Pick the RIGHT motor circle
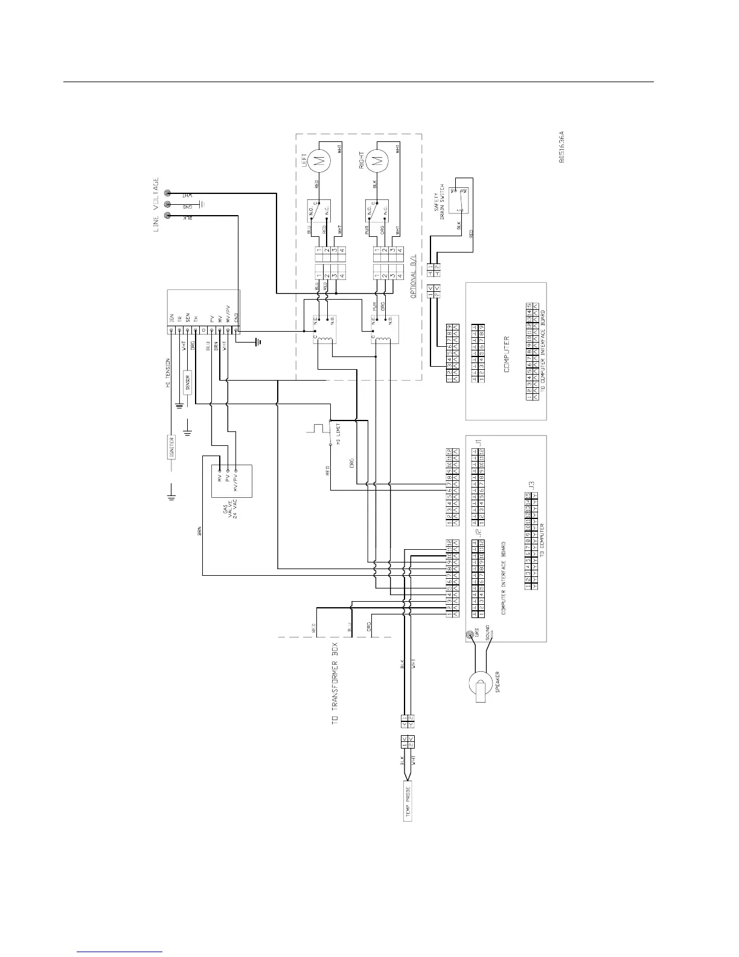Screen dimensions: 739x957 pyautogui.click(x=378, y=161)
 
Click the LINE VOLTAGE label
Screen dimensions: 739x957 pyautogui.click(x=156, y=207)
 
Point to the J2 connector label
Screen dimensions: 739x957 pyautogui.click(x=477, y=533)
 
